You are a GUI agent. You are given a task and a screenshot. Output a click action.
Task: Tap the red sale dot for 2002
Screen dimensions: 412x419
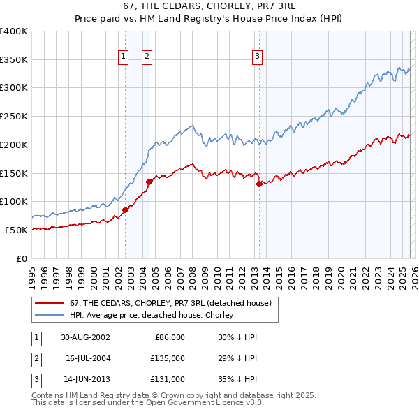pos(126,209)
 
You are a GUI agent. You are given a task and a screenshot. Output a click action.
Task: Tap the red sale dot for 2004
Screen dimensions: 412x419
pos(149,182)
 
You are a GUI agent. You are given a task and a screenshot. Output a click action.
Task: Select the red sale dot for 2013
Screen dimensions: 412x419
pos(259,184)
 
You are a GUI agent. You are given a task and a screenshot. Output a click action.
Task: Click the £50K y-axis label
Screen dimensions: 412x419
pos(16,230)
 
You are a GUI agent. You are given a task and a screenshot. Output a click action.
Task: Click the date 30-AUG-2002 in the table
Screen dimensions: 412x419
pos(85,337)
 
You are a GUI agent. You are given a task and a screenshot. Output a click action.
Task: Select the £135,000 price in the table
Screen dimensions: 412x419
pos(168,358)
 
